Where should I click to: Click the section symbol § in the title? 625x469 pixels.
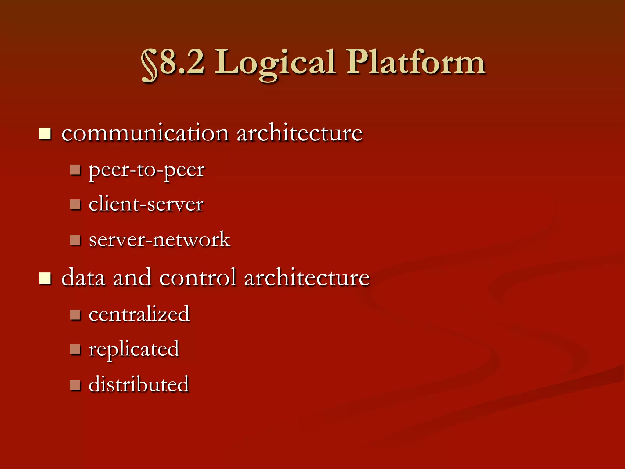(150, 65)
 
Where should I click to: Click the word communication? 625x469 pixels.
(145, 133)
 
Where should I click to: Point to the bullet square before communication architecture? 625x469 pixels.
(45, 134)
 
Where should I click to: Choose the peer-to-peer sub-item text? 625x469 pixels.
(146, 170)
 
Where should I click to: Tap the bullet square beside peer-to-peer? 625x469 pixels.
(75, 170)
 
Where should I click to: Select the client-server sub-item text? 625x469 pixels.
(146, 204)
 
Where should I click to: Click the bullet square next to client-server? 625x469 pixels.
(75, 204)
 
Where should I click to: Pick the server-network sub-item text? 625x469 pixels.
(159, 239)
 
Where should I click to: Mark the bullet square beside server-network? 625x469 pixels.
(75, 240)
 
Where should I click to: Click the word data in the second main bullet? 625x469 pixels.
(83, 278)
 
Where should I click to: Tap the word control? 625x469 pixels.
(197, 278)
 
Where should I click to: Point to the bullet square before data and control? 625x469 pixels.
(45, 278)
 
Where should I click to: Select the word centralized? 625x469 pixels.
(139, 314)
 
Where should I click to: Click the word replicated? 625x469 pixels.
(134, 349)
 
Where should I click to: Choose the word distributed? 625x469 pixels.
(139, 384)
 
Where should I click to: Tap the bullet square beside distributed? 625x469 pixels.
(75, 385)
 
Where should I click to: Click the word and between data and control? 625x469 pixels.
(132, 278)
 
